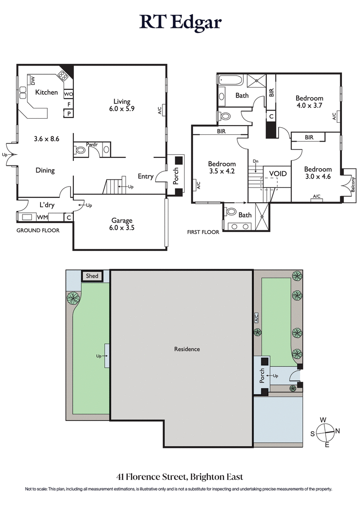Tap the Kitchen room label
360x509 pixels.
47,92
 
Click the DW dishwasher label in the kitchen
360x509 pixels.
33,80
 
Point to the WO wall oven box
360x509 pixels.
68,94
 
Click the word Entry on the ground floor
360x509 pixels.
145,176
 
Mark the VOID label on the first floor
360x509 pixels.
278,173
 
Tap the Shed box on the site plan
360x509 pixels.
92,276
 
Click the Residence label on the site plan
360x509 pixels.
187,349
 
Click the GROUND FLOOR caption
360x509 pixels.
38,230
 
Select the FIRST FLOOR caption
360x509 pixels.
203,232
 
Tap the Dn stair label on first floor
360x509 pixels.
256,161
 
